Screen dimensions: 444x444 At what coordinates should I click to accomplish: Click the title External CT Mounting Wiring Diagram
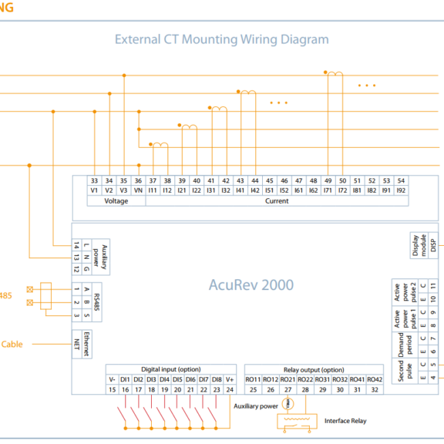click(221, 39)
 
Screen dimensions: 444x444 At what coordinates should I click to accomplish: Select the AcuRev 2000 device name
click(251, 284)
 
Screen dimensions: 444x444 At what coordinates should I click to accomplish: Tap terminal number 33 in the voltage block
click(94, 180)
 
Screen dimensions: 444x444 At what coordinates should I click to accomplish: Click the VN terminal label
click(138, 190)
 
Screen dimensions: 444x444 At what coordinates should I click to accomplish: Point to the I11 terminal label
click(153, 190)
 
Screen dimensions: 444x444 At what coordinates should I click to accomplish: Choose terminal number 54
click(401, 180)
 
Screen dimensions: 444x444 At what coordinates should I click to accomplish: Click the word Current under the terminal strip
click(277, 201)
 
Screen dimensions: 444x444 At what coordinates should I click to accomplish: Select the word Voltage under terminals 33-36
click(116, 201)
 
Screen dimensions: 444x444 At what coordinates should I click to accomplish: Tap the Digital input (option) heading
click(170, 370)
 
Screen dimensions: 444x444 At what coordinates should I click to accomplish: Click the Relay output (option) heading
click(312, 370)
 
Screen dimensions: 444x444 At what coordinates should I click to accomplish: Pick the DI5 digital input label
click(177, 380)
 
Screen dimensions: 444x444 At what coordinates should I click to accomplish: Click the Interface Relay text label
click(345, 421)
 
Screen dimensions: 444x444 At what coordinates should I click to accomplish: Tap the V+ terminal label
click(229, 380)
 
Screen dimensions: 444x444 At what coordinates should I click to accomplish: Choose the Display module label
click(417, 246)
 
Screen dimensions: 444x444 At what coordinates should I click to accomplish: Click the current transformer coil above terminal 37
click(160, 145)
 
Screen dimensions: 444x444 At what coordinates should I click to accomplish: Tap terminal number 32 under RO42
click(375, 390)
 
